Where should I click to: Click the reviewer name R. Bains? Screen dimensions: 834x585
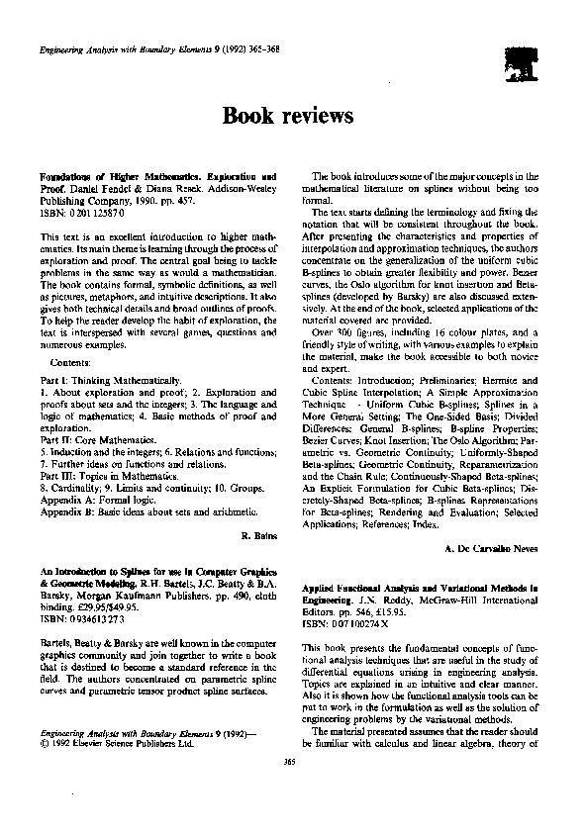(x=258, y=534)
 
